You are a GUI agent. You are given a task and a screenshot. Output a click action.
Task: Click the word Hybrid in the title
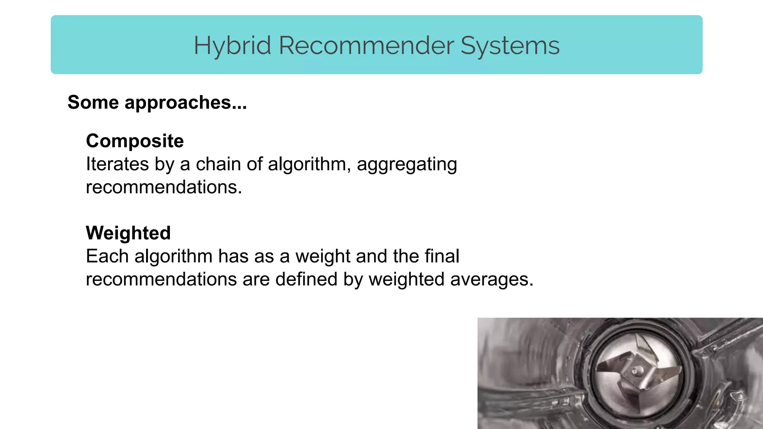point(232,46)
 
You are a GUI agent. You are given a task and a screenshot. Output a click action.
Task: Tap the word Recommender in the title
point(366,46)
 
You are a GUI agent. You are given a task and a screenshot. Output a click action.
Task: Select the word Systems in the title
point(510,46)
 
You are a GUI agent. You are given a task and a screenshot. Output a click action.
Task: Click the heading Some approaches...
point(157,102)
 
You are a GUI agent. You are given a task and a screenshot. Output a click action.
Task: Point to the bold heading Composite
point(135,141)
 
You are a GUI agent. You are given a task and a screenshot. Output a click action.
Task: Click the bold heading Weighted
point(128,233)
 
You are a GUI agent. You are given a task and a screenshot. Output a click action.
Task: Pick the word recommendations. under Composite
point(164,187)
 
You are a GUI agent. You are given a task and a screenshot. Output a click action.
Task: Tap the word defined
point(306,279)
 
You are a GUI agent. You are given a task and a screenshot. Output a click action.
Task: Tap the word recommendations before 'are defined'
point(161,279)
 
